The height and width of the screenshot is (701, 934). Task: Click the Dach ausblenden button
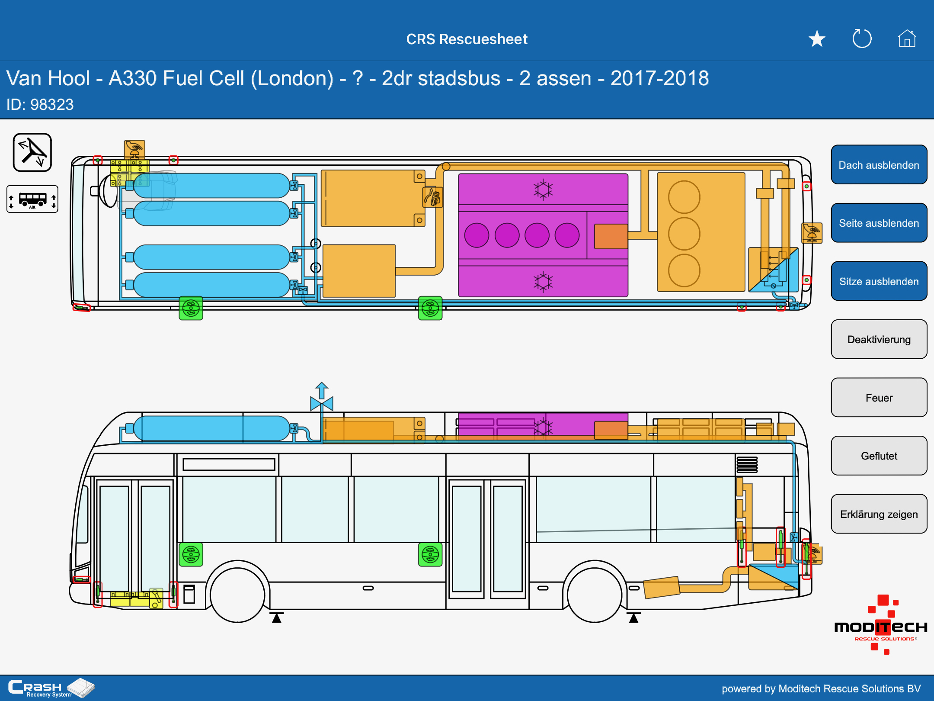click(879, 165)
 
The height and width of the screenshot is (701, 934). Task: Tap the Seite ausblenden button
click(879, 223)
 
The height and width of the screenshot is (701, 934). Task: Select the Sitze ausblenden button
click(879, 281)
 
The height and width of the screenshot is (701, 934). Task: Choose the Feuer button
click(879, 398)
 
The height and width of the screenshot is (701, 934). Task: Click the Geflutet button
click(879, 456)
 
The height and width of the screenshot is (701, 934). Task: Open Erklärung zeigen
click(879, 514)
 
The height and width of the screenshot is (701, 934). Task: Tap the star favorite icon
click(817, 39)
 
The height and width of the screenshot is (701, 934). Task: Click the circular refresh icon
click(862, 39)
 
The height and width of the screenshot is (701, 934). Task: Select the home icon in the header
click(907, 39)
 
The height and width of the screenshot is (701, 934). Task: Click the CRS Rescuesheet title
click(467, 39)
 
